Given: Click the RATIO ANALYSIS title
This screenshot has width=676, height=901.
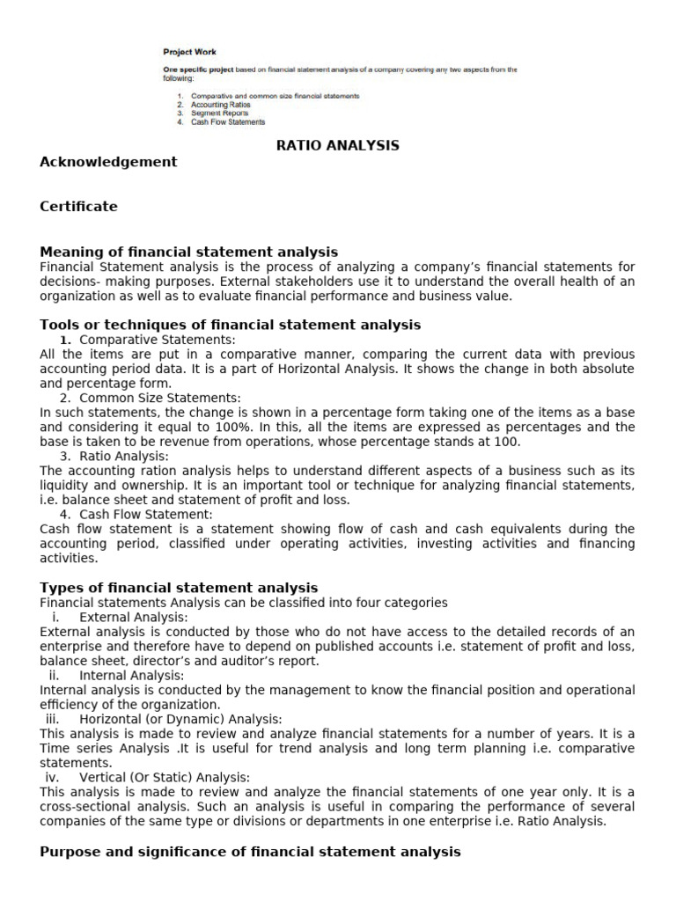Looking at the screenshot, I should (338, 145).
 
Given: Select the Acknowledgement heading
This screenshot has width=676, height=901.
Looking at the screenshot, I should (108, 161).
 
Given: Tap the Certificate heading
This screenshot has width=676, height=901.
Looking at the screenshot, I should (78, 207).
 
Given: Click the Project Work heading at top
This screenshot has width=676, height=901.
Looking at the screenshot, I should (189, 52).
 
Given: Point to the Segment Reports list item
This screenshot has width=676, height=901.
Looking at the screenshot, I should (219, 114).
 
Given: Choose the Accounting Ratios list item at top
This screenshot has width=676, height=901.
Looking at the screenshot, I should (220, 105).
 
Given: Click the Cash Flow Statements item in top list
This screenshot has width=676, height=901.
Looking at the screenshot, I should (227, 122).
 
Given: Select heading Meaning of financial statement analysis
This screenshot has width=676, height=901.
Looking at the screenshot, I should (188, 253).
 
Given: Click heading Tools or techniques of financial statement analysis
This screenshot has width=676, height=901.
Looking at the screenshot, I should (231, 325).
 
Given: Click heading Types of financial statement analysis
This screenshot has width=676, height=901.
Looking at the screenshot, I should (179, 587).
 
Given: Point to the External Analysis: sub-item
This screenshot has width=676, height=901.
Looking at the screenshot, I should (129, 617).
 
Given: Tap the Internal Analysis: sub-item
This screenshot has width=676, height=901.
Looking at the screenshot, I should (131, 675).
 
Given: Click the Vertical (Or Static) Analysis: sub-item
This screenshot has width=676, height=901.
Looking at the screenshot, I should (165, 777).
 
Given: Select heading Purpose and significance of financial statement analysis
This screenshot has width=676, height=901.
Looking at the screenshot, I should (250, 851).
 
